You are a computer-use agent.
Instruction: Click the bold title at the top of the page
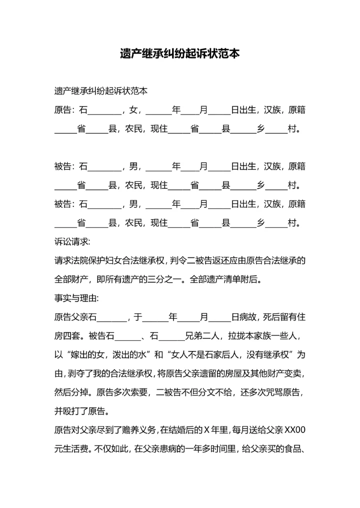pos(179,53)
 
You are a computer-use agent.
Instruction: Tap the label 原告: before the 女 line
pos(65,110)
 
